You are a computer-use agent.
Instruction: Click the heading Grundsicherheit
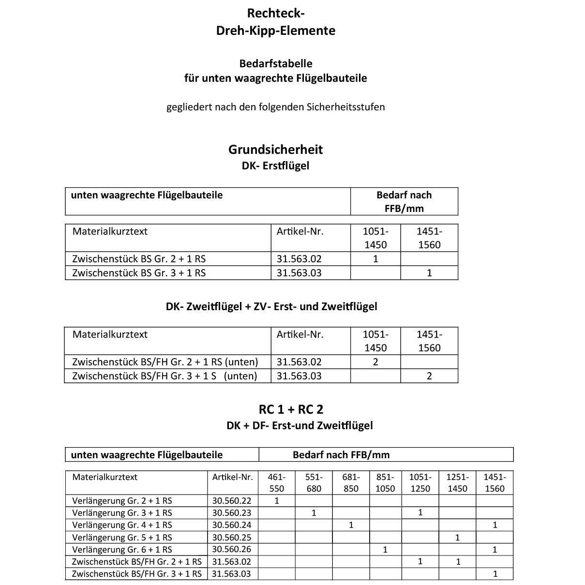point(275,150)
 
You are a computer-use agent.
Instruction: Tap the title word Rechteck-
point(275,13)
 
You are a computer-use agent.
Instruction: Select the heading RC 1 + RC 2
point(291,409)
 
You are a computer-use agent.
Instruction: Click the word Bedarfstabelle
point(276,63)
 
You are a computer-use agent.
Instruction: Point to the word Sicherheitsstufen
point(345,107)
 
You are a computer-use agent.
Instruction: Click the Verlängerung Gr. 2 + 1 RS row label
point(122,501)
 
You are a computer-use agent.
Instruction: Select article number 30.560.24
point(232,525)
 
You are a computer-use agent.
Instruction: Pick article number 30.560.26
point(232,549)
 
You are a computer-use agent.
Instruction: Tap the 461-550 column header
point(276,483)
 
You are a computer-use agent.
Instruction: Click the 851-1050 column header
point(385,483)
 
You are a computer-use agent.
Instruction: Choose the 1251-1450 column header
point(457,483)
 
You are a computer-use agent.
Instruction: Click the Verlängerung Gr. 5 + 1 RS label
point(122,537)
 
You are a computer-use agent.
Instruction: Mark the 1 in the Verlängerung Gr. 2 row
point(277,501)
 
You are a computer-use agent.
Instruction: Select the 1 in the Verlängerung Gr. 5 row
point(457,537)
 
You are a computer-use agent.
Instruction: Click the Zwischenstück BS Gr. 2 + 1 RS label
point(139,259)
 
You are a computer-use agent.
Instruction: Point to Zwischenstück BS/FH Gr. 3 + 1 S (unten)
point(165,376)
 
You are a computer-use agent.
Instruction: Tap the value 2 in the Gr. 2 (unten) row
point(375,362)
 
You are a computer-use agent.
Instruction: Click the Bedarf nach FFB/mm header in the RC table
point(341,455)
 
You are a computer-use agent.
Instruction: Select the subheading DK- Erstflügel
point(275,166)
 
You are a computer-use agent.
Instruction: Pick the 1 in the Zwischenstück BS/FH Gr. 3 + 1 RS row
point(495,574)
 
